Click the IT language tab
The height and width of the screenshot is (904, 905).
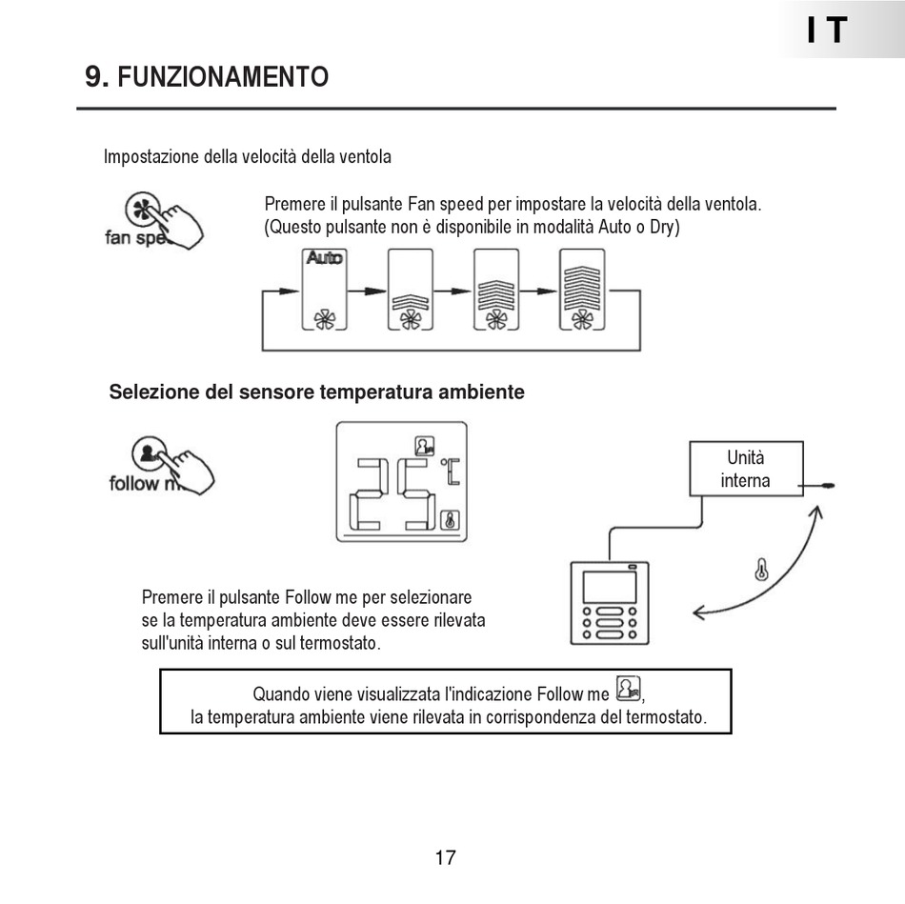(826, 30)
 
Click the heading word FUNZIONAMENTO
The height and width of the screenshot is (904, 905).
(223, 77)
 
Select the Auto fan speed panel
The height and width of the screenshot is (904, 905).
(324, 290)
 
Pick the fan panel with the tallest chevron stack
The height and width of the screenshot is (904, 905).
(582, 290)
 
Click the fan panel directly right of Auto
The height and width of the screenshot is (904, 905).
(410, 290)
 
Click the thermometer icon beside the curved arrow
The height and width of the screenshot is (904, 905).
(760, 571)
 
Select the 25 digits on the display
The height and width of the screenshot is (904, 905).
(395, 493)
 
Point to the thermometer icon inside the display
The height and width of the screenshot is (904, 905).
(451, 520)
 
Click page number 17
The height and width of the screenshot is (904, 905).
(445, 857)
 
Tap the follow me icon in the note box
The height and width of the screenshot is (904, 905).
(628, 687)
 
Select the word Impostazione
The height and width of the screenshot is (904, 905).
(151, 156)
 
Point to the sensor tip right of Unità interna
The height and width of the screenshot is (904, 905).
(828, 485)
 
